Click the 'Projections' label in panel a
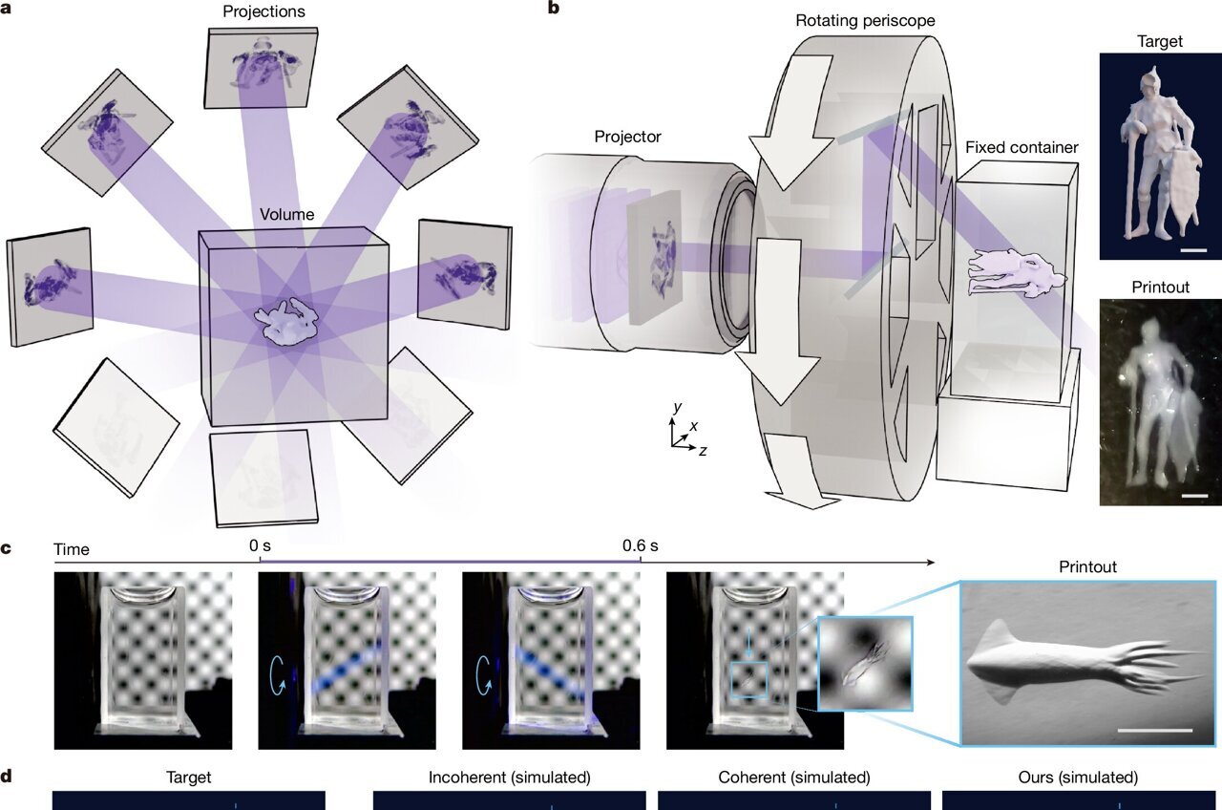263,11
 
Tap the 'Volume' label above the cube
287,215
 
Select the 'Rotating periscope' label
865,21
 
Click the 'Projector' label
627,137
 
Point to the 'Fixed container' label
1022,147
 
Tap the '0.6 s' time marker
640,545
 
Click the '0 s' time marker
260,545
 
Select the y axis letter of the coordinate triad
678,407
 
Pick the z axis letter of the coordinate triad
704,451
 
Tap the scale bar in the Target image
1193,250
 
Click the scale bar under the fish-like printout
1154,731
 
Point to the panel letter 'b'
553,8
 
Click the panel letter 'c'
6,548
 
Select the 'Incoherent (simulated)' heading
510,778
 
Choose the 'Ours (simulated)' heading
1078,778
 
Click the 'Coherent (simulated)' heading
794,778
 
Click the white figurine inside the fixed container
1017,273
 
